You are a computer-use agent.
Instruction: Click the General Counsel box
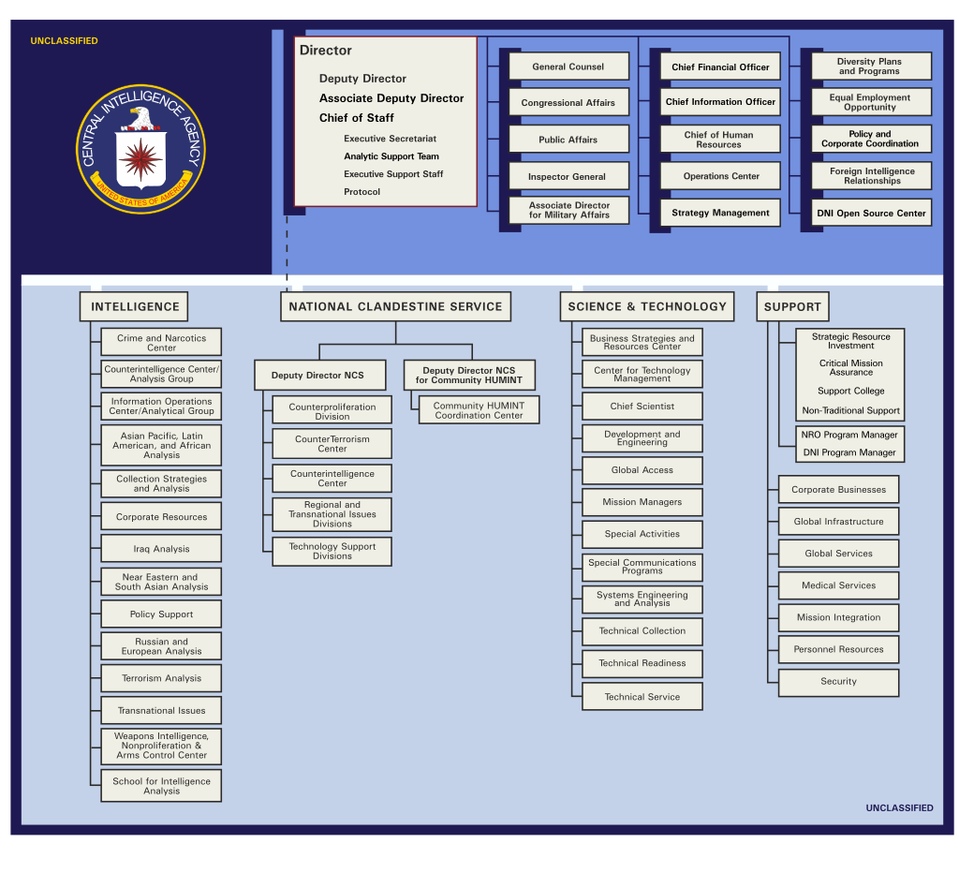568,67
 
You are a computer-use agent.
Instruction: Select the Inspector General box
568,176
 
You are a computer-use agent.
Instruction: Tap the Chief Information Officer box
720,101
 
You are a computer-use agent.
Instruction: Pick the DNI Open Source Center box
872,213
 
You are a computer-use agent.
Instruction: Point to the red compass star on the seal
140,159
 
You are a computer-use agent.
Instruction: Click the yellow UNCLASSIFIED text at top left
65,41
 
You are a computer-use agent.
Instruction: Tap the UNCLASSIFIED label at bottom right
900,807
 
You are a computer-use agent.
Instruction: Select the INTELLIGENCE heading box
134,306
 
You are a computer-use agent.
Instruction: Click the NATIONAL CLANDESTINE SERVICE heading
396,306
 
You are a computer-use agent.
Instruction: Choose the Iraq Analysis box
161,549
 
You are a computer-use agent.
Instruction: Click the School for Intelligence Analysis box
161,786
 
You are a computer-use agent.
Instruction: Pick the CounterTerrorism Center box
332,443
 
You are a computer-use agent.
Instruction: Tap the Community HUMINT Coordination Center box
479,409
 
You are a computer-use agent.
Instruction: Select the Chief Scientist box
642,407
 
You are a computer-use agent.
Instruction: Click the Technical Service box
642,697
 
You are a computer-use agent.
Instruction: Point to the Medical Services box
838,585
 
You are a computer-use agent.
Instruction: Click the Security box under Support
838,681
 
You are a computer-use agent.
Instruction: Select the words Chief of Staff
357,117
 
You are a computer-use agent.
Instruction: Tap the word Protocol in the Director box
362,191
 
